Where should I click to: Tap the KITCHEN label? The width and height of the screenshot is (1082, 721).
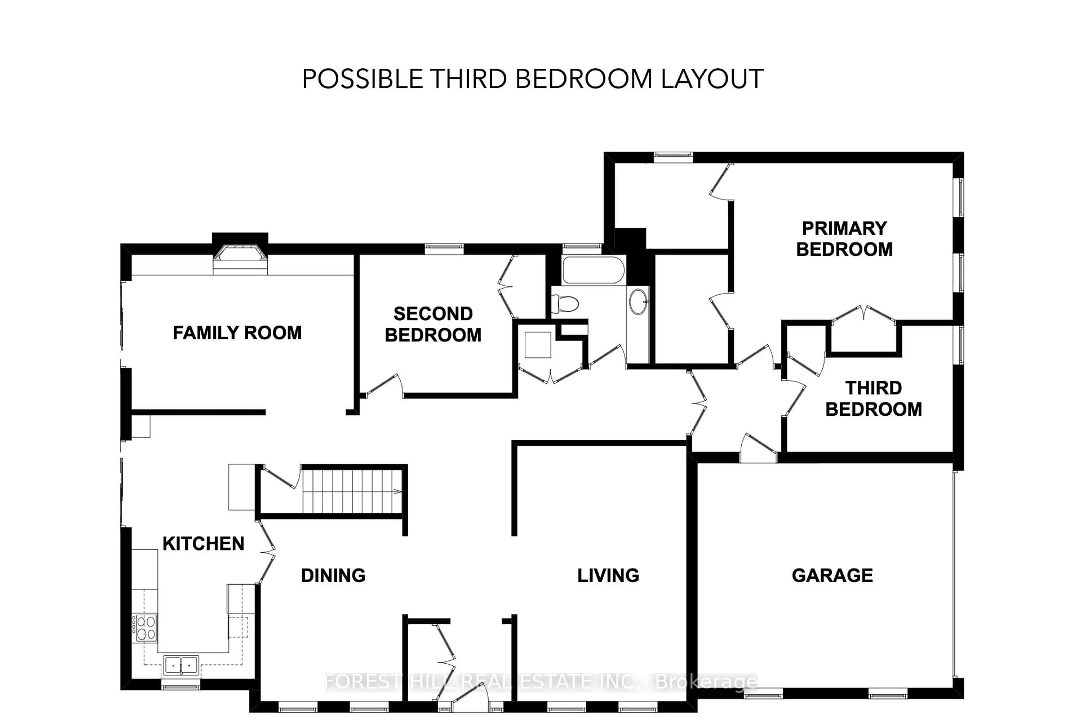click(203, 544)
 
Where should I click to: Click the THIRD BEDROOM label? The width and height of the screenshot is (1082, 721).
click(873, 399)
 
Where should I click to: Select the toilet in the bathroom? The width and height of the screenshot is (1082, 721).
click(566, 304)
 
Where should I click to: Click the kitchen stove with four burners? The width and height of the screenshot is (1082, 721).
click(145, 628)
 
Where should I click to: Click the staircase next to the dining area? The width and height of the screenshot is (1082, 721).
click(352, 491)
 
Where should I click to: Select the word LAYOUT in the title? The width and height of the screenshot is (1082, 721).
click(712, 79)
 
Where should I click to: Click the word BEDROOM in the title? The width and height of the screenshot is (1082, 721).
click(583, 79)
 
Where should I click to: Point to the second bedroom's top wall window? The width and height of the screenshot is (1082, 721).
click(444, 249)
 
